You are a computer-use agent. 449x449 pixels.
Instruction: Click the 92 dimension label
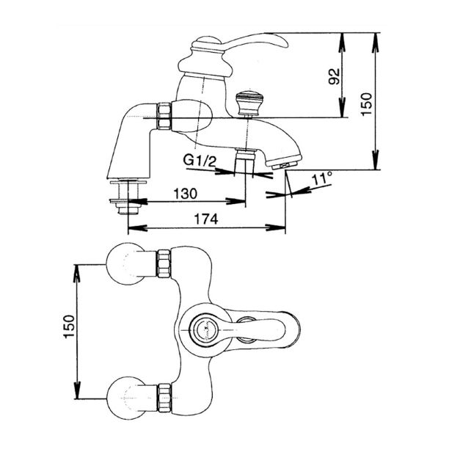(334, 76)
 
